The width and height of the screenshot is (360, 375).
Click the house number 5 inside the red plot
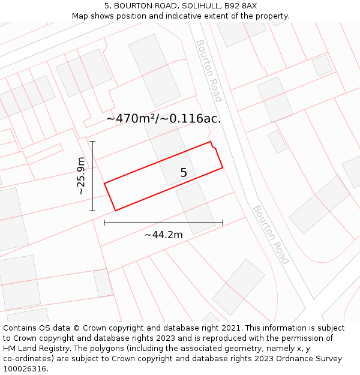coord(184,173)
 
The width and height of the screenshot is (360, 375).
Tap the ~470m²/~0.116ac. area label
coord(163,119)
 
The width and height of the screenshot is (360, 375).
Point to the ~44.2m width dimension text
coord(163,235)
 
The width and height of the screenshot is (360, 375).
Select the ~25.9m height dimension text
coord(81,176)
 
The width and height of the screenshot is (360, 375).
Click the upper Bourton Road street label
coord(209,70)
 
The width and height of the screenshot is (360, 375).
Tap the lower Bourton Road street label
coord(271,234)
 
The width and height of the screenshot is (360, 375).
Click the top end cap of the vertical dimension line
coord(92,142)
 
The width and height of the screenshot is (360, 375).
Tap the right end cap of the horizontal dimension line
coord(223,223)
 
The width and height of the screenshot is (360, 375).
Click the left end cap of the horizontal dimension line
coord(104,223)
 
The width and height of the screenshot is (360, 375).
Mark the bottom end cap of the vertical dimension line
coord(92,211)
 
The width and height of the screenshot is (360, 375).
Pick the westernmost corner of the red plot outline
coord(105,184)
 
